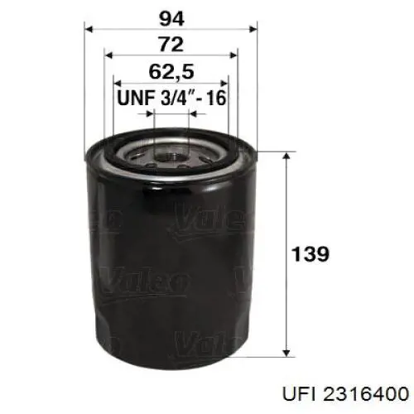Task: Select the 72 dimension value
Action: [x=172, y=42]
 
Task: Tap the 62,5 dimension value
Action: [x=172, y=70]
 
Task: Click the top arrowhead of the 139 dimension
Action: [x=286, y=154]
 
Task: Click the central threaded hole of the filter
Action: [x=172, y=154]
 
